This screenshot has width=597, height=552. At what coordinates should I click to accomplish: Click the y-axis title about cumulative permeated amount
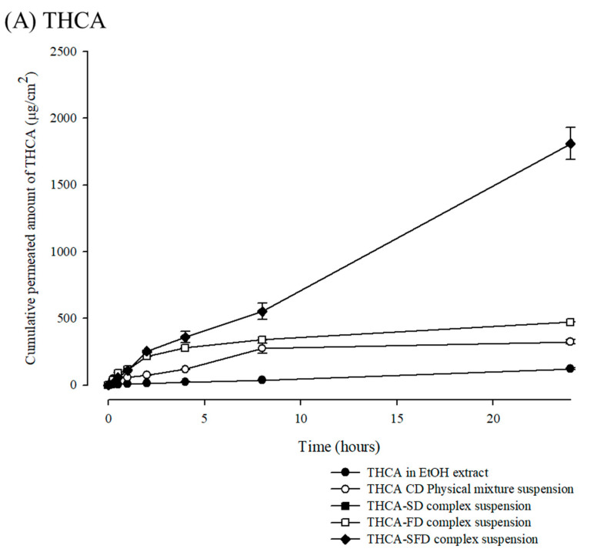(x=32, y=218)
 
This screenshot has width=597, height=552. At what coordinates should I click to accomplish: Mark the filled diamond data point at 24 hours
(x=570, y=144)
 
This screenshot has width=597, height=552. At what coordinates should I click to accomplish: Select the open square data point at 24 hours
(x=570, y=322)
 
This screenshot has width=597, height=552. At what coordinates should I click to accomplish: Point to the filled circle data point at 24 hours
(x=570, y=369)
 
